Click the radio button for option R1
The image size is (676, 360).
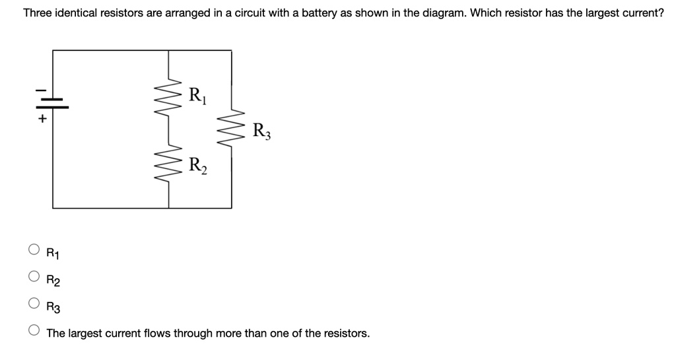point(34,250)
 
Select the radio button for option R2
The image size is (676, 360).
point(34,277)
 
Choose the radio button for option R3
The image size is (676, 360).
point(34,305)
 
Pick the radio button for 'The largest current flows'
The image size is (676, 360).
point(34,332)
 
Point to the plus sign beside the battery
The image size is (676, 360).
point(42,120)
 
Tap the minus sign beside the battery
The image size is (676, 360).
point(41,89)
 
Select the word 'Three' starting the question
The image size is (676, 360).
point(39,13)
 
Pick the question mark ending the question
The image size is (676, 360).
point(661,13)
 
